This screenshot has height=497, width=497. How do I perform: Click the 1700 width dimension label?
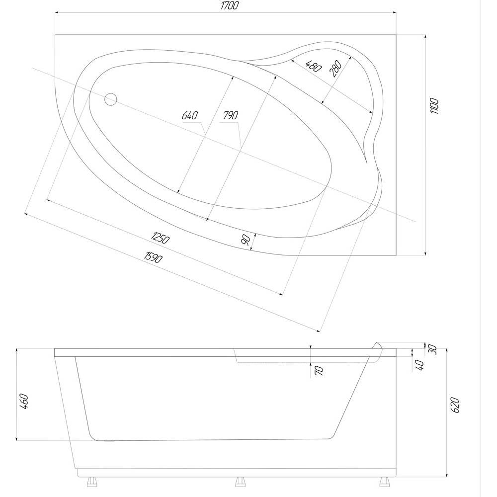tap(229, 5)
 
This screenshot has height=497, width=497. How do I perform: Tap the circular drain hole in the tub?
tap(111, 99)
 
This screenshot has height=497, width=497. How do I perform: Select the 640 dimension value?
tap(190, 115)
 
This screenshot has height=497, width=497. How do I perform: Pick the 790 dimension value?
tap(230, 115)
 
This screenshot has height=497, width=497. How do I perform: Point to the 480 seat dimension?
tap(314, 66)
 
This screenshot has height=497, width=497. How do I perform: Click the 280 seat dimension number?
tap(335, 69)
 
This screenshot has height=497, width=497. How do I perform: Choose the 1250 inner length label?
tap(161, 238)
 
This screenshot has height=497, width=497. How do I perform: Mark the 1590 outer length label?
tap(154, 257)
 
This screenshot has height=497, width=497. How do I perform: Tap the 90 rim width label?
tap(246, 240)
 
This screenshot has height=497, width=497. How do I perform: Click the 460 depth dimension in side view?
tap(24, 401)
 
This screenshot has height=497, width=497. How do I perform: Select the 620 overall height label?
tap(455, 405)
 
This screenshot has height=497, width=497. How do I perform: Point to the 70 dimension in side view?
tap(319, 370)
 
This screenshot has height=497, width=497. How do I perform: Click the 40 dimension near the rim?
tap(419, 365)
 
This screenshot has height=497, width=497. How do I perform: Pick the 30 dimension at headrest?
tap(432, 349)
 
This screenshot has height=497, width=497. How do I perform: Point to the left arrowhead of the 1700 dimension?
tap(57, 13)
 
